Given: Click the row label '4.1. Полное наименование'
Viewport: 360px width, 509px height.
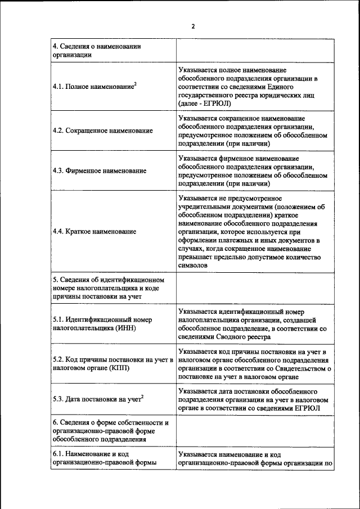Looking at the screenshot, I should [x=93, y=87].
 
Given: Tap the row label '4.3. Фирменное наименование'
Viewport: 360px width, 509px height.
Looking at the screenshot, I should [x=99, y=170].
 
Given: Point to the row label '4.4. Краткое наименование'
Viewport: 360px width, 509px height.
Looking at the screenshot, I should [x=94, y=231].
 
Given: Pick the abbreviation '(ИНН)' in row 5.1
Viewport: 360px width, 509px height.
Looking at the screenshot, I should [x=127, y=328].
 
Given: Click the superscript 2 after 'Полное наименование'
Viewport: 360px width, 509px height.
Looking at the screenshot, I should [x=136, y=84].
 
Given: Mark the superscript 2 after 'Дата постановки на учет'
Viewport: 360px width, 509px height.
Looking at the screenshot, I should [x=142, y=397].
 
